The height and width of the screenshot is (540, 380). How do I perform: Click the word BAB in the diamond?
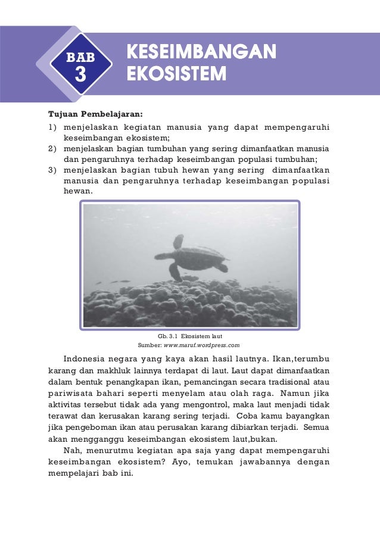80,58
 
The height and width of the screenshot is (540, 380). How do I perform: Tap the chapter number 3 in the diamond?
80,76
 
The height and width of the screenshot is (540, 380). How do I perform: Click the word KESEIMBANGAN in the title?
201,52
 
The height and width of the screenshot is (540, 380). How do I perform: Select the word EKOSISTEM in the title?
176,74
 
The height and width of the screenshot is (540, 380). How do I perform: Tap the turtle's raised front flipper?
177,242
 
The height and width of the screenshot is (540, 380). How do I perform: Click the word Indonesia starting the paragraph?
85,360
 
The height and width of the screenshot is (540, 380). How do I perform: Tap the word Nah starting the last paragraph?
70,451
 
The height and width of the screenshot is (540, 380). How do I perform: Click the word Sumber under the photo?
149,345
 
